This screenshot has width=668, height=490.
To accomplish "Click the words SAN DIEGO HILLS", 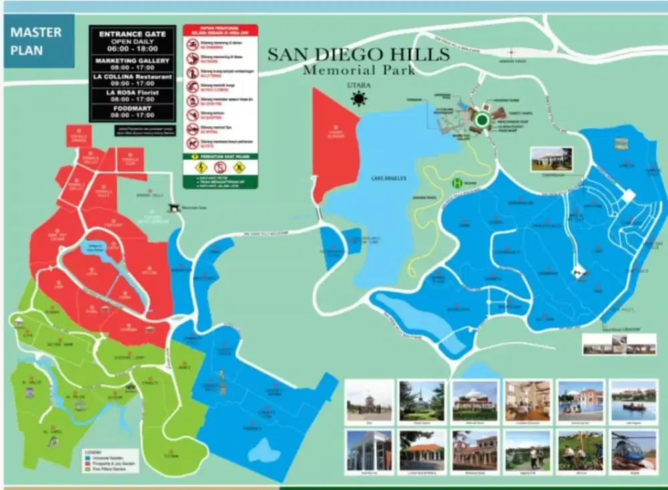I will [359, 54].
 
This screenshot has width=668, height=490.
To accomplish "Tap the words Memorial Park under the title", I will [359, 70].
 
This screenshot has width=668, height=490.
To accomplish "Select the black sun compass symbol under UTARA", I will [359, 100].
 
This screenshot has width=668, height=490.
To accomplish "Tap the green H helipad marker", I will [457, 182].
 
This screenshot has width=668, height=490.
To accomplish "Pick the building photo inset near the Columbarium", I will [551, 159].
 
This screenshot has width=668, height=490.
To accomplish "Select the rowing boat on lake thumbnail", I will [633, 400].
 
